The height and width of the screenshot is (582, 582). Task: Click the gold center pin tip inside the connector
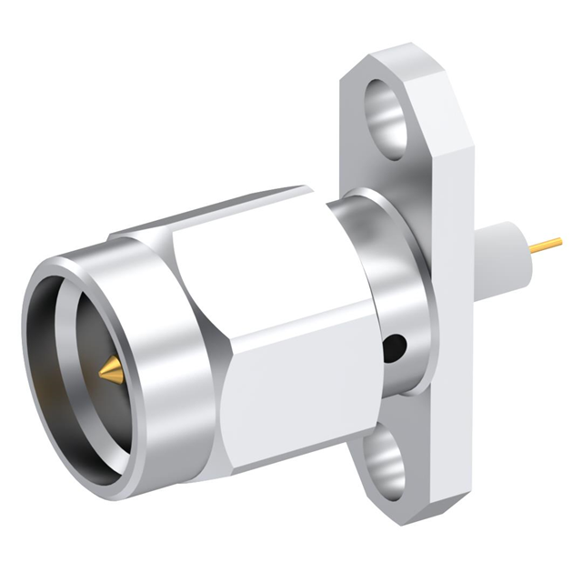coord(111,369)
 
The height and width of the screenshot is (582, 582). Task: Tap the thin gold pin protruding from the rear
coord(547,244)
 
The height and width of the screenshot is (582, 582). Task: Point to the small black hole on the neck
coord(396,347)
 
